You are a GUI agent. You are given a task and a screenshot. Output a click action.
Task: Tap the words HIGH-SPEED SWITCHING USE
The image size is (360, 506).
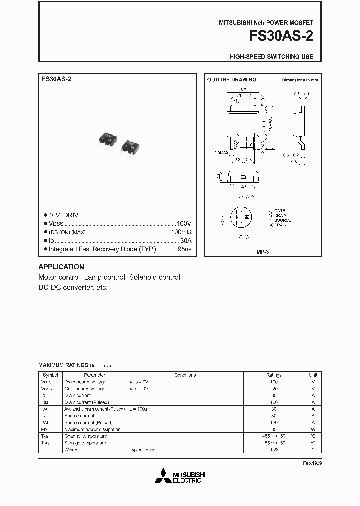tap(271, 57)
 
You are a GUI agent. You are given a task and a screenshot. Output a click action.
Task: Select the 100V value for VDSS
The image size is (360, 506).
tap(184, 224)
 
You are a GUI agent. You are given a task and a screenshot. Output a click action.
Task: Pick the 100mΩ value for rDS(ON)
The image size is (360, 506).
tap(181, 232)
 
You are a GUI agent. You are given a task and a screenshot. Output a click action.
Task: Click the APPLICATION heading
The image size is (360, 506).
tap(61, 267)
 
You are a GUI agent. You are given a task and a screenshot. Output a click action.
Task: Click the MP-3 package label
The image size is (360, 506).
tap(262, 253)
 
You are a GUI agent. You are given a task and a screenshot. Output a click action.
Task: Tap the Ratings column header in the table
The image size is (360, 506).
tap(274, 375)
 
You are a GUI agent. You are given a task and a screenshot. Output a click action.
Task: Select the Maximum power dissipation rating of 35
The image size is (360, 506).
tap(274, 429)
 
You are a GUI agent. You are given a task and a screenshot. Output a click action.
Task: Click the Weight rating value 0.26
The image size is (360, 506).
tap(274, 450)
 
